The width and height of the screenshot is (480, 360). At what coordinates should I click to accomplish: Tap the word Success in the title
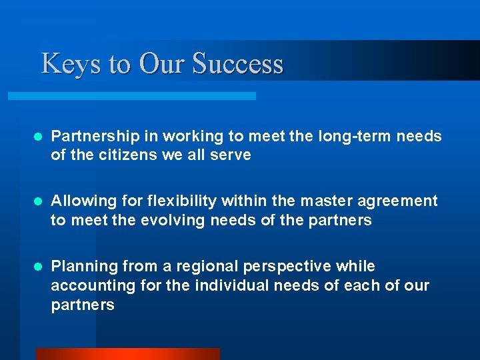[238, 64]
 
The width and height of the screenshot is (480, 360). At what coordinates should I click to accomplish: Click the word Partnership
[95, 137]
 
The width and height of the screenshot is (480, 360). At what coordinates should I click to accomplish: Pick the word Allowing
[79, 201]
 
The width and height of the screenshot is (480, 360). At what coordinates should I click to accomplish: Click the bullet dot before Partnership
[38, 137]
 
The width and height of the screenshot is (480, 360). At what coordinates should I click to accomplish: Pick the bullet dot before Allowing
[38, 201]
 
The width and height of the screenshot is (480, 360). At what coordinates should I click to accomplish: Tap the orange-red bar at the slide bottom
[127, 354]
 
